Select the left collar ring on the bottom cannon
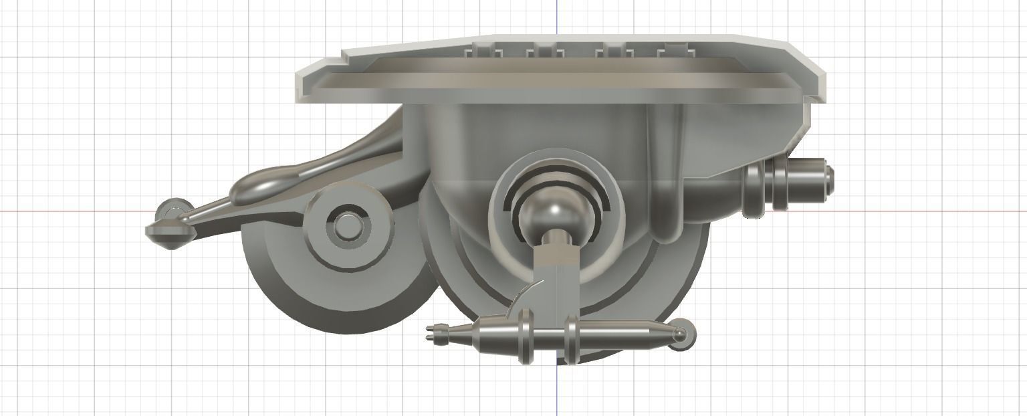point(525,336)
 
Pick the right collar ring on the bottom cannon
point(571,338)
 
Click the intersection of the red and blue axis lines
point(557,211)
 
